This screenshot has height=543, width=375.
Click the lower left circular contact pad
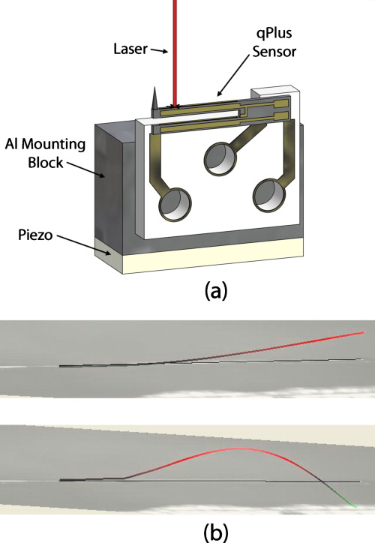tap(175, 204)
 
